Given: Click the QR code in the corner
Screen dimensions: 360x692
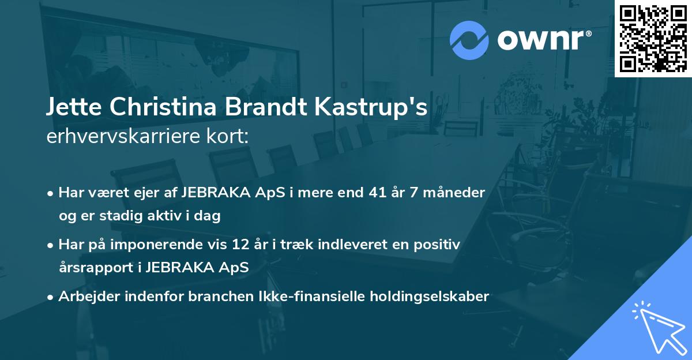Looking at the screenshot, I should click(x=653, y=39).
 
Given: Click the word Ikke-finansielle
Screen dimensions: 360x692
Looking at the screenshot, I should click(x=289, y=297).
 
